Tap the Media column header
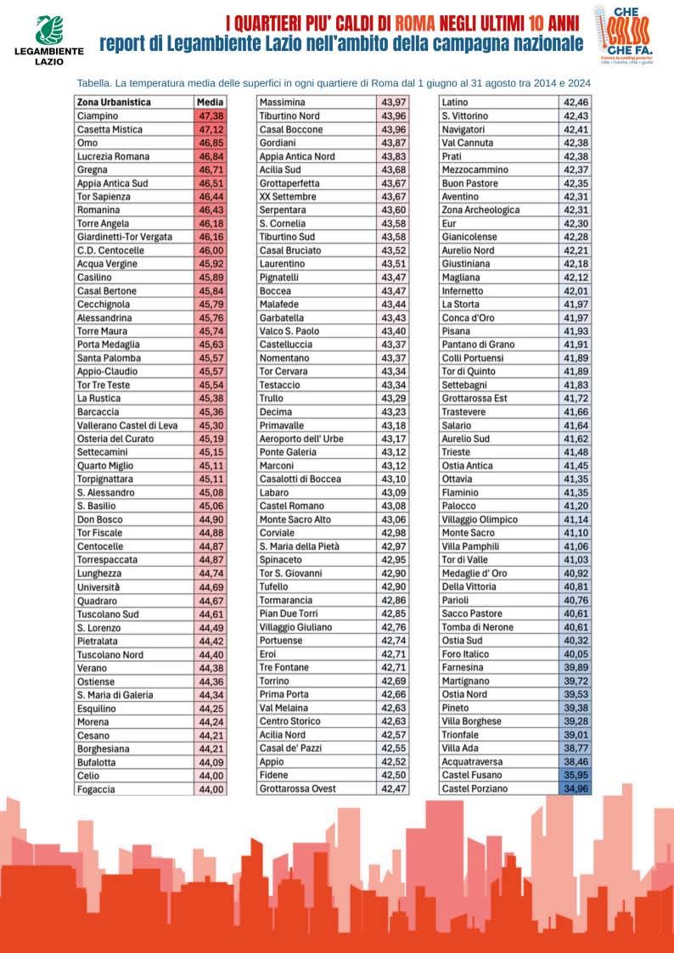point(210,103)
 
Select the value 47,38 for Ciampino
point(211,116)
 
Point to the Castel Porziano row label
point(475,788)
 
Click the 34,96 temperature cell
point(575,788)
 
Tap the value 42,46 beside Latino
point(575,103)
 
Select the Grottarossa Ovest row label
point(297,788)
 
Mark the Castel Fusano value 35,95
point(575,775)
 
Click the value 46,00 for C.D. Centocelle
point(211,250)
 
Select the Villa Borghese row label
point(471,721)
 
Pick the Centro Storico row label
point(291,721)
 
